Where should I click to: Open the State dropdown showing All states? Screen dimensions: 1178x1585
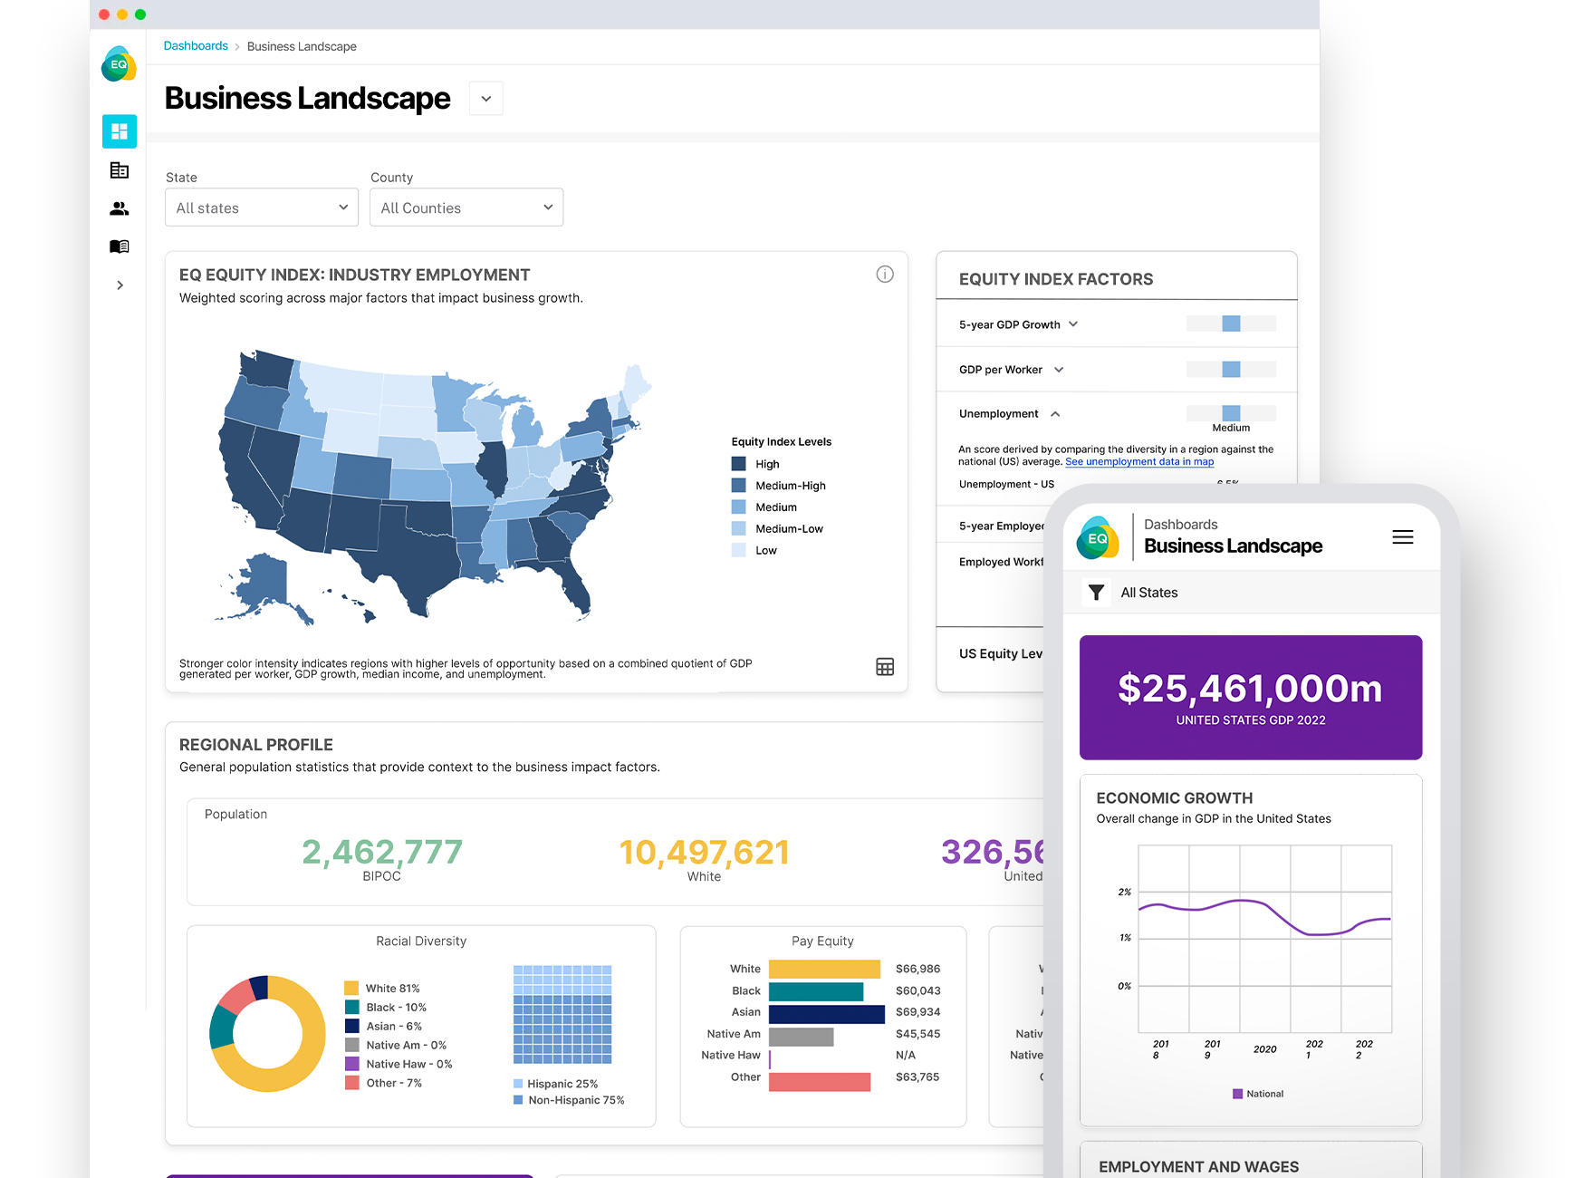(261, 208)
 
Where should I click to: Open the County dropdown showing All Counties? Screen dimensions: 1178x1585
(466, 208)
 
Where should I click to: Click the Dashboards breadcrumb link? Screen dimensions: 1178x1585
(196, 46)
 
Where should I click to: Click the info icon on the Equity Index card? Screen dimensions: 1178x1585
(885, 275)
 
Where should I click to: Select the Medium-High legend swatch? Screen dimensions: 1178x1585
(739, 486)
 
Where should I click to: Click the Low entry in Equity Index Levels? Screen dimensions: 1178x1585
(765, 550)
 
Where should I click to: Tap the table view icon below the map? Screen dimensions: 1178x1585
(885, 667)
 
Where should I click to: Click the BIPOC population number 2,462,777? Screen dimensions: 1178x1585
(381, 852)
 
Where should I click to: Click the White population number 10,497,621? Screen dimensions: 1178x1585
(704, 852)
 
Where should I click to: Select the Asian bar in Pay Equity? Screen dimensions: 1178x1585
(826, 1013)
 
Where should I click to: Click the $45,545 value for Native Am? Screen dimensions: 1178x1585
(917, 1034)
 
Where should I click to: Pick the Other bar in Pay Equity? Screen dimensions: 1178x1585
(819, 1081)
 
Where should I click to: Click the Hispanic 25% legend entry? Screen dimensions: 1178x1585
(562, 1084)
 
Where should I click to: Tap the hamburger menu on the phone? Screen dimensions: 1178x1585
(1402, 537)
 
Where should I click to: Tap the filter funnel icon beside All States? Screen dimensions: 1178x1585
(1096, 593)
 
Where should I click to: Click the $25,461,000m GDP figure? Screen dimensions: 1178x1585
(1250, 689)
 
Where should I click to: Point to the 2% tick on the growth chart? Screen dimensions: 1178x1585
(1125, 893)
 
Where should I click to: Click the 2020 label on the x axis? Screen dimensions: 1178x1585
(1264, 1049)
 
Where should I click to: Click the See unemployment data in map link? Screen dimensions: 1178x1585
(1139, 462)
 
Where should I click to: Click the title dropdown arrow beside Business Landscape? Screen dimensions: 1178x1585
(486, 99)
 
